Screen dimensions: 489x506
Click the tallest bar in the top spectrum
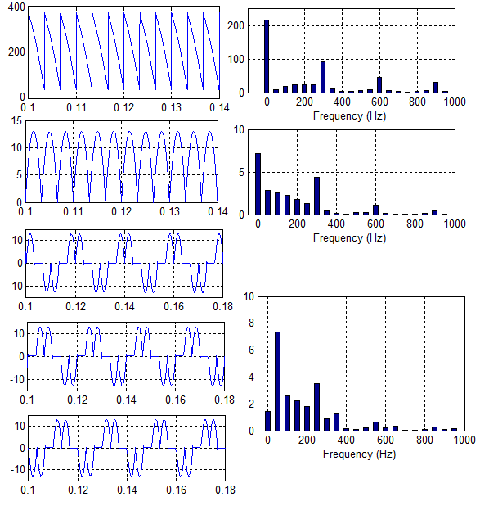coord(267,56)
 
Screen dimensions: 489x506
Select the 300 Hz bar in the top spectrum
coord(323,77)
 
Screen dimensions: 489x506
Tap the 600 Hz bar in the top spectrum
coord(379,85)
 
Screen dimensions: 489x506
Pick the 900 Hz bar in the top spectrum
coord(436,88)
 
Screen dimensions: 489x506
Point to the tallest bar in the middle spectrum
coord(258,184)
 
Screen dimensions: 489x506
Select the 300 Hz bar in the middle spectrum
coord(316,196)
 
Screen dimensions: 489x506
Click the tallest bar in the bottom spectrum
coord(277,381)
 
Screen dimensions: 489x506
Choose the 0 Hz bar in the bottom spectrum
coord(268,421)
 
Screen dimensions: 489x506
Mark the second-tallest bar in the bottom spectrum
coord(316,407)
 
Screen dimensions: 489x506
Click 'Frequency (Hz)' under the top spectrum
coord(349,115)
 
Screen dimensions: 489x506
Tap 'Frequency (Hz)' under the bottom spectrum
coord(359,454)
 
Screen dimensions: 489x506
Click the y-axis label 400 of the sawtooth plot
coord(16,7)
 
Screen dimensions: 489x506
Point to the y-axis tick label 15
coord(16,121)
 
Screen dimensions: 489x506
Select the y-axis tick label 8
coord(251,323)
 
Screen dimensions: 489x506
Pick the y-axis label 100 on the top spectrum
coord(236,60)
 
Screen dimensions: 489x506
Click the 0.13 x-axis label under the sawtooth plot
coord(171,107)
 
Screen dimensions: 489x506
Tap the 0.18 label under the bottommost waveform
coord(225,490)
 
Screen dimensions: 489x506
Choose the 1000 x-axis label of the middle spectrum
coord(455,224)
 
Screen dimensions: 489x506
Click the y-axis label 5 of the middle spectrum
coord(241,172)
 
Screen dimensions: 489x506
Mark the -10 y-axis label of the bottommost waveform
coord(18,469)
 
